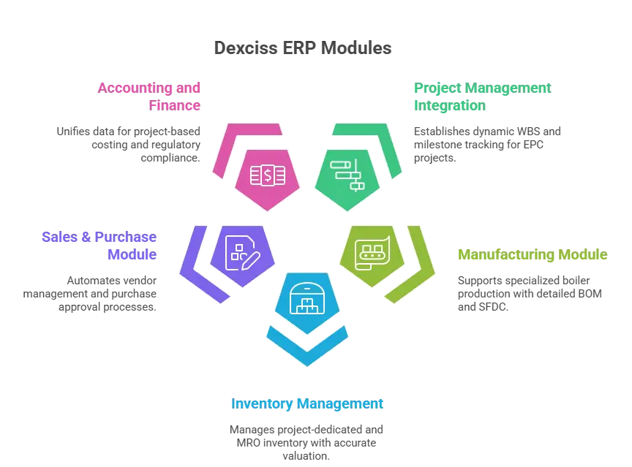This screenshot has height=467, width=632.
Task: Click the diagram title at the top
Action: [301, 49]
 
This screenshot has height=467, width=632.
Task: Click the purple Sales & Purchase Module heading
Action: [99, 246]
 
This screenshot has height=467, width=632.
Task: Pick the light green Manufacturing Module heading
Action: [532, 256]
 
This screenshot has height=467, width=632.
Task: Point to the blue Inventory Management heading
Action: [306, 403]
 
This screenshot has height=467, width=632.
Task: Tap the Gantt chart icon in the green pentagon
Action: [347, 175]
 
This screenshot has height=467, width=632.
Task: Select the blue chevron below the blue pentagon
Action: [308, 348]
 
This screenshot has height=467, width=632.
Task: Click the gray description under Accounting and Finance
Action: [127, 143]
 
